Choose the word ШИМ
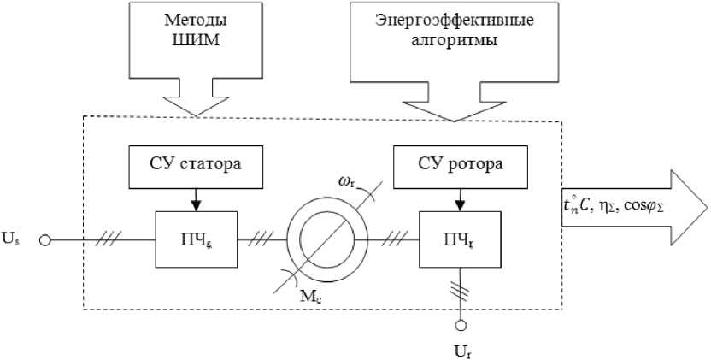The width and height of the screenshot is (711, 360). [194, 43]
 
